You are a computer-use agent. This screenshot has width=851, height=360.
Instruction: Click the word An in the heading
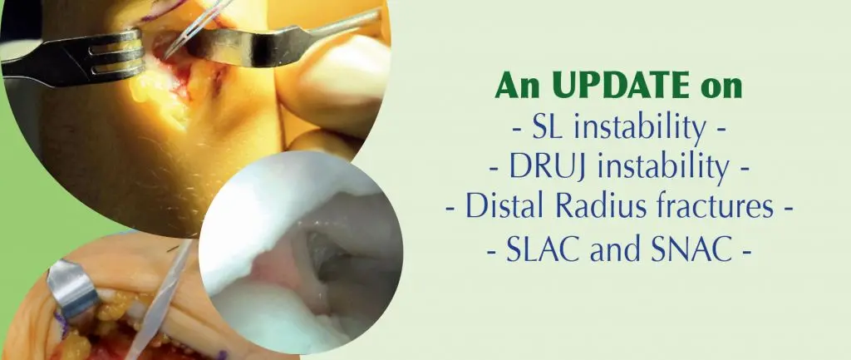pyautogui.click(x=516, y=86)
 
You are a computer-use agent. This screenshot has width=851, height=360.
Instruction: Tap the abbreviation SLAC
pyautogui.click(x=539, y=250)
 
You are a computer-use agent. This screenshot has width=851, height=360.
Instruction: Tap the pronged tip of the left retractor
pyautogui.click(x=116, y=52)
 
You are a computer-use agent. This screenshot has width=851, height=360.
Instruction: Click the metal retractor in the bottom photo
pyautogui.click(x=72, y=287)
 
